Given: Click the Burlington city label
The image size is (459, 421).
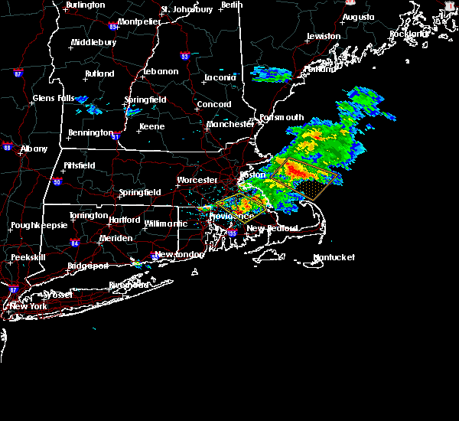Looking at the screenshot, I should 86,5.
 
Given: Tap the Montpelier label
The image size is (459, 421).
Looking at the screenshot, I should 139,22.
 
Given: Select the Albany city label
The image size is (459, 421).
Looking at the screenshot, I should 34,148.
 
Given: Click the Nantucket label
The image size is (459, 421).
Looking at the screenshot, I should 334,257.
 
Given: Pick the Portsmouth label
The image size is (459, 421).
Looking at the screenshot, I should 282,117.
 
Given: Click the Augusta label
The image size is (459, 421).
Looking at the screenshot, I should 358,17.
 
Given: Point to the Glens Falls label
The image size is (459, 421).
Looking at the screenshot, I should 54,98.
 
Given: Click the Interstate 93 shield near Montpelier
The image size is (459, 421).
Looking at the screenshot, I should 184,56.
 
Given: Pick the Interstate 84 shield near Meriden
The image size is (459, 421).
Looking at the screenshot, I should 74,243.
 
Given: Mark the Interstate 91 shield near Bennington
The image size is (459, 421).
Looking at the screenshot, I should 116,137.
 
